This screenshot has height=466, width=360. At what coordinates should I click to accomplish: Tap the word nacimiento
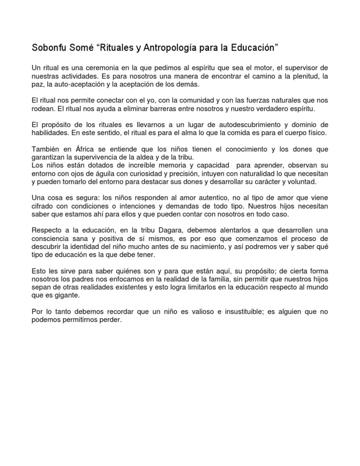coord(221,246)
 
